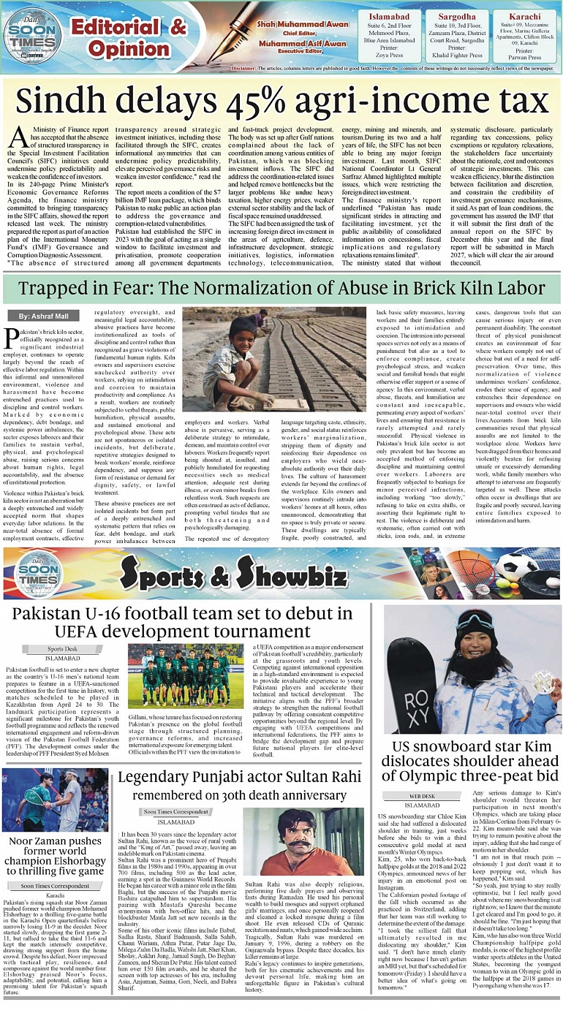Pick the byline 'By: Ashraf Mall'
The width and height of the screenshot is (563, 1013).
tap(44, 316)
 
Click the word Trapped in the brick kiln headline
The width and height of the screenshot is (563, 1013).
tap(53, 289)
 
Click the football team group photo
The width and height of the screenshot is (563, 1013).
tap(186, 675)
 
